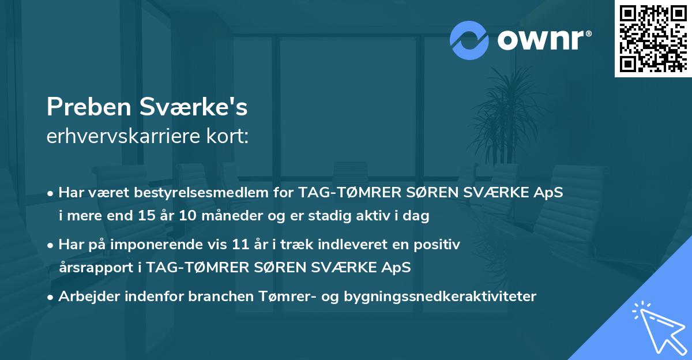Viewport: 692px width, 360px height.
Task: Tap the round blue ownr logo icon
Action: [469, 40]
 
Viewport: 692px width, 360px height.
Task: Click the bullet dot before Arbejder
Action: [51, 297]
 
